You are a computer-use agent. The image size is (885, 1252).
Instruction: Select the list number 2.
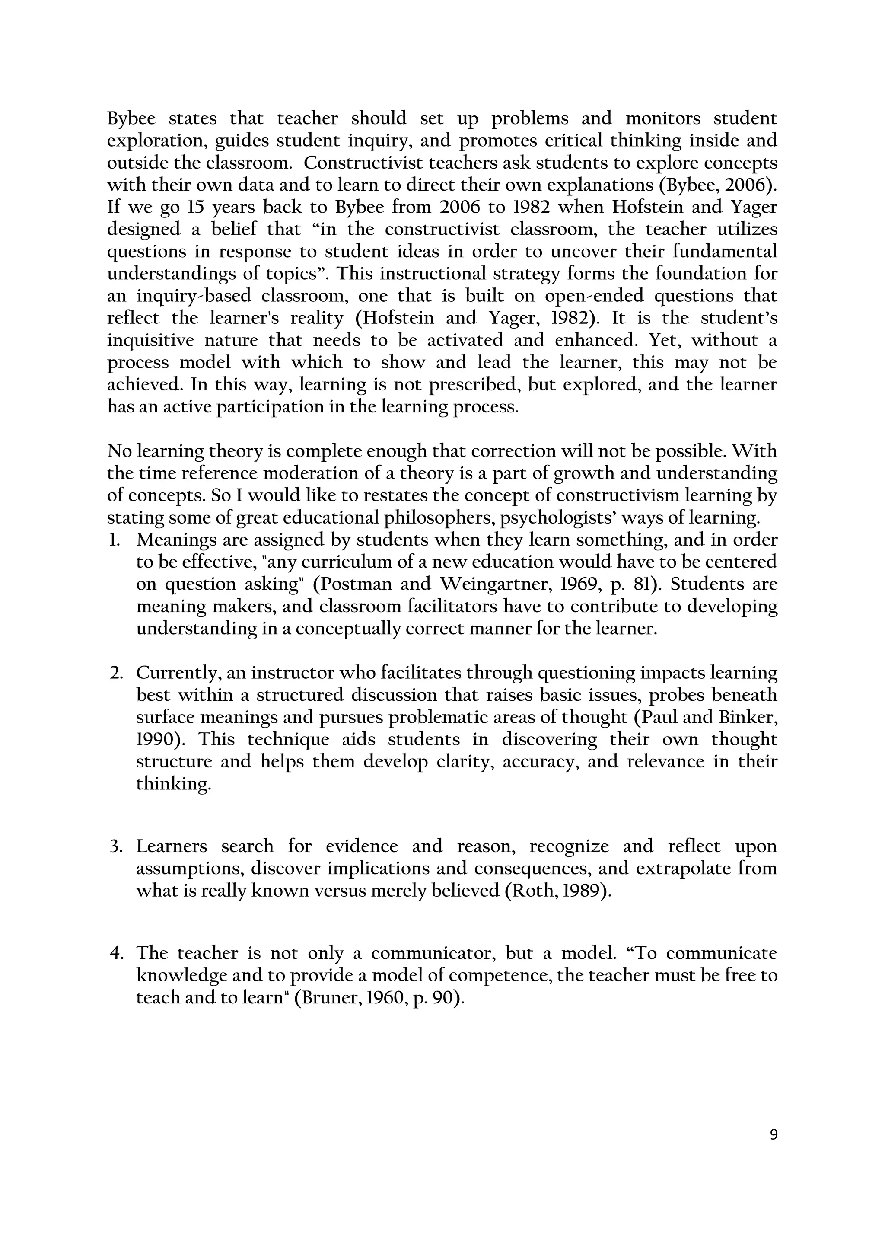[115, 673]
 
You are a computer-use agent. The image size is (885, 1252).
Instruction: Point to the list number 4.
[115, 953]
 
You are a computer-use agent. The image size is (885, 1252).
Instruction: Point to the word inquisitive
[150, 341]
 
